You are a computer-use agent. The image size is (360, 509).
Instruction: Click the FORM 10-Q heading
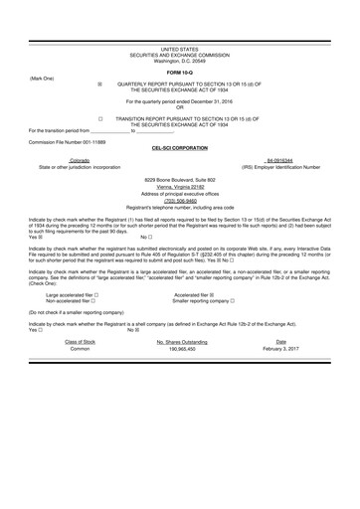(x=179, y=73)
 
